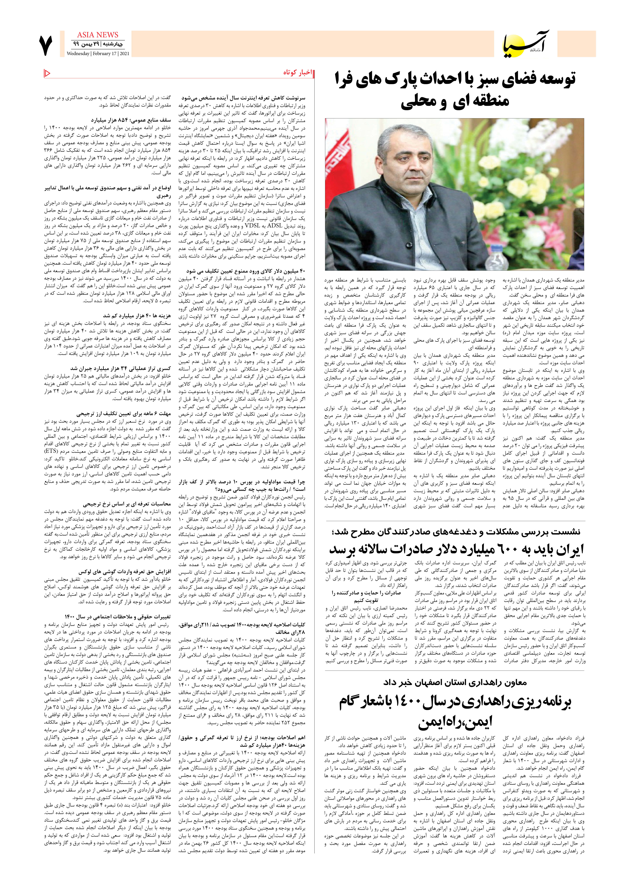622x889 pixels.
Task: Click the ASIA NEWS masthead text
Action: (97, 35)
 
